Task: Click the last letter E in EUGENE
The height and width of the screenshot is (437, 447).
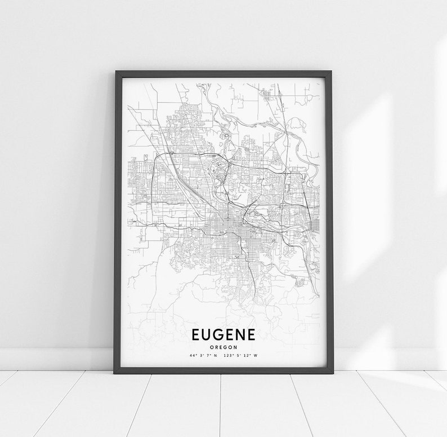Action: tap(258, 335)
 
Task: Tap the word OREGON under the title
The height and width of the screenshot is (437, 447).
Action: tap(224, 347)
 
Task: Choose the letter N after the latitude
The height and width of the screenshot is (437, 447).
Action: tap(214, 356)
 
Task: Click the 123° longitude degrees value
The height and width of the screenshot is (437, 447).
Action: tap(227, 356)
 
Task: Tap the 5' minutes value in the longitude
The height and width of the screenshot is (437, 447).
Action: tap(238, 356)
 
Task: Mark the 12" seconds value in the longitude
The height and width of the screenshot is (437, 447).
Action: tap(246, 356)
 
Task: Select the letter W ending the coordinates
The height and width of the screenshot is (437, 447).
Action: tap(255, 356)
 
